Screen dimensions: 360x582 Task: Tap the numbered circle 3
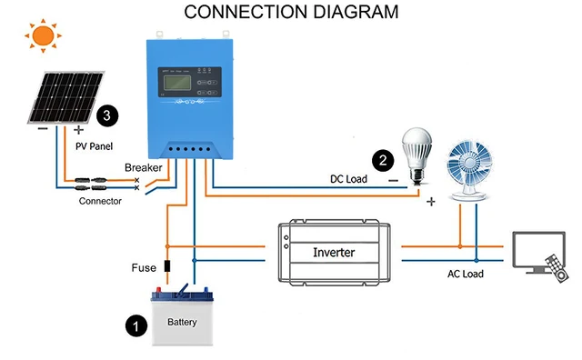point(108,115)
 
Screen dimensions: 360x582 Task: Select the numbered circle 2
point(385,160)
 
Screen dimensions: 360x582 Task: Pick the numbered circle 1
point(135,325)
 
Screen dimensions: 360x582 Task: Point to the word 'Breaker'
point(144,168)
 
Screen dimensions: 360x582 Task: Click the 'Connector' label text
point(100,201)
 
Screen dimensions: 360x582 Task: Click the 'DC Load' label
point(348,179)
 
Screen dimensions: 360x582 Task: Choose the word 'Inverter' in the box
point(333,252)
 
